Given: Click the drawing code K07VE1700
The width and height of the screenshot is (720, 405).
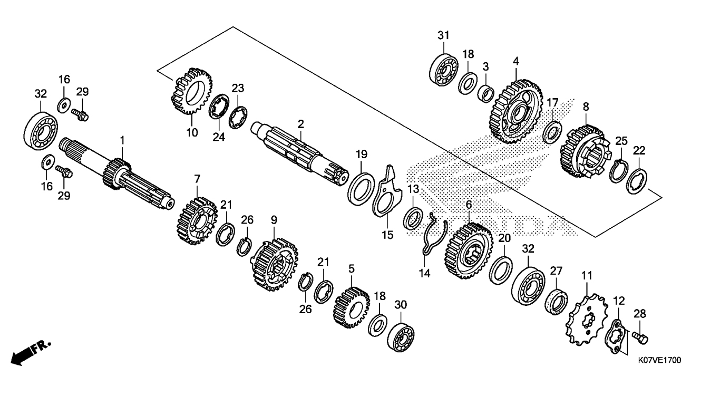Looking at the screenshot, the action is click(x=659, y=360).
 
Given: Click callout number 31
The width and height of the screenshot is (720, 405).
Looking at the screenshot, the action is click(x=443, y=35).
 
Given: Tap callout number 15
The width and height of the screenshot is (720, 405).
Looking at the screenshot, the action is click(x=387, y=235).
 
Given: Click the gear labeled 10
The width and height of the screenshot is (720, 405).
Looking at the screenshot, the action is click(x=191, y=91).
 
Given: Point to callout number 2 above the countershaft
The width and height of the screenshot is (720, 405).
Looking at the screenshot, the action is click(x=300, y=124).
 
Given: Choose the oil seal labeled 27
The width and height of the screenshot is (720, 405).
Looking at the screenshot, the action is click(x=557, y=302).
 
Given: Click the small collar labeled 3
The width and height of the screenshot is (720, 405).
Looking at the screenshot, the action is click(x=485, y=94).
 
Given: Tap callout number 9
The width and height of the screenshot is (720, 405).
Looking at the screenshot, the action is click(x=274, y=220).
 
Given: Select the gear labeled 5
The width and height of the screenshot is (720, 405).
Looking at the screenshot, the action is click(x=352, y=307).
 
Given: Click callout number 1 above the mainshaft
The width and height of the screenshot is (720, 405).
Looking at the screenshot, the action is click(x=122, y=140).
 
